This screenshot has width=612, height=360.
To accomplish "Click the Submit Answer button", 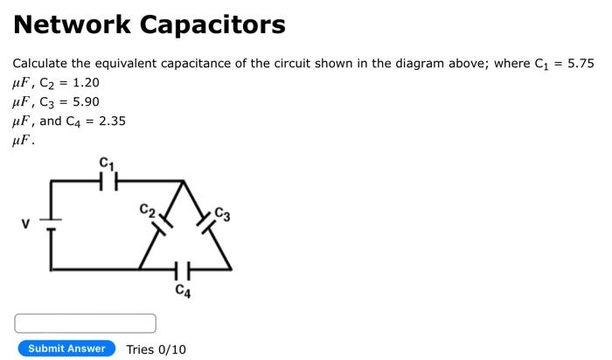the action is (66, 349).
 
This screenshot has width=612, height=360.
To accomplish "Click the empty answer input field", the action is (85, 323).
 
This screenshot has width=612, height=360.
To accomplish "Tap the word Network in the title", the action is (70, 24).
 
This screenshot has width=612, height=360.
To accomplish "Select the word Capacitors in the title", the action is (214, 24).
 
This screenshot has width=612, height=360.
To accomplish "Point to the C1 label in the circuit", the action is (107, 163).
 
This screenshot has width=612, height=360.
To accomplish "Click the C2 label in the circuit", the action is (147, 211).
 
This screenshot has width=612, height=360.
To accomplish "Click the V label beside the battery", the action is (26, 225).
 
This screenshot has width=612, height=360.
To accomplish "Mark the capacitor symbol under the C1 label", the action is (107, 182).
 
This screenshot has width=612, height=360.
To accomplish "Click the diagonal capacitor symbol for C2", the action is (162, 225).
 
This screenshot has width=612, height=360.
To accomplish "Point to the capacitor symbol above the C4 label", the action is (181, 268).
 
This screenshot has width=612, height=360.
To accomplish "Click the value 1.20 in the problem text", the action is (86, 83).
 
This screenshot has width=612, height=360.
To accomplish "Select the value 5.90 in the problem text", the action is (86, 101).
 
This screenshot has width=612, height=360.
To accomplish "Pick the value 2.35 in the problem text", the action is (112, 121).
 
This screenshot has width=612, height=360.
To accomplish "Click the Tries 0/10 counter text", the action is (156, 350).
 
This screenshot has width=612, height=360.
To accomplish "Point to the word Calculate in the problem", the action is (38, 64).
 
